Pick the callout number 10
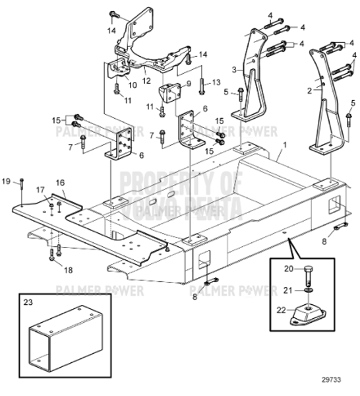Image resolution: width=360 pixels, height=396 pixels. pyautogui.click(x=132, y=84)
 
